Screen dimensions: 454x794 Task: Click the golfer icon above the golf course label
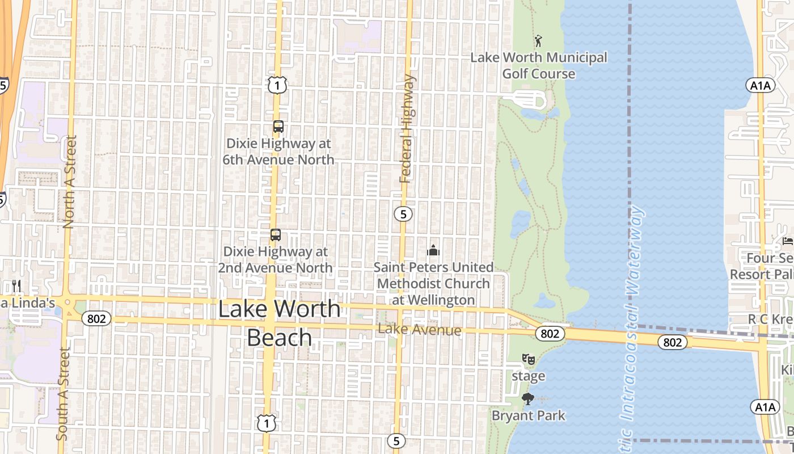pos(538,41)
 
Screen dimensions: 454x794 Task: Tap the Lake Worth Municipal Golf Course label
pos(539,65)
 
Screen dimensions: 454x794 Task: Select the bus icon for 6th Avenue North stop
pos(278,127)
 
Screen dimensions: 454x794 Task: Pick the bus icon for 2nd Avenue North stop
pos(276,234)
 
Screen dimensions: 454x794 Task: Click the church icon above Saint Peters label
pos(433,250)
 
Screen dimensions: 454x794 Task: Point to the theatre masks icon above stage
pos(528,359)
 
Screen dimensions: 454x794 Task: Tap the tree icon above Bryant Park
pos(528,399)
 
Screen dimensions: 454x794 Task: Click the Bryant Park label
pos(529,416)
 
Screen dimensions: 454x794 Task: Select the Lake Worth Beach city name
pos(280,323)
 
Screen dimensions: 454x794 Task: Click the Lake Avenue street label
pos(419,330)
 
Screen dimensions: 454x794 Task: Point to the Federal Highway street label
pos(407,129)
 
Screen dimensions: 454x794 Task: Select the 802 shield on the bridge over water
pos(673,342)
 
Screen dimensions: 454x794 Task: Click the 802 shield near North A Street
pos(96,318)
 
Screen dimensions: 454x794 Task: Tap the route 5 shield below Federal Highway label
pos(403,214)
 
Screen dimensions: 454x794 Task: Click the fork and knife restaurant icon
pos(16,285)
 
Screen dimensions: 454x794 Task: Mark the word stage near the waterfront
pos(529,376)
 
